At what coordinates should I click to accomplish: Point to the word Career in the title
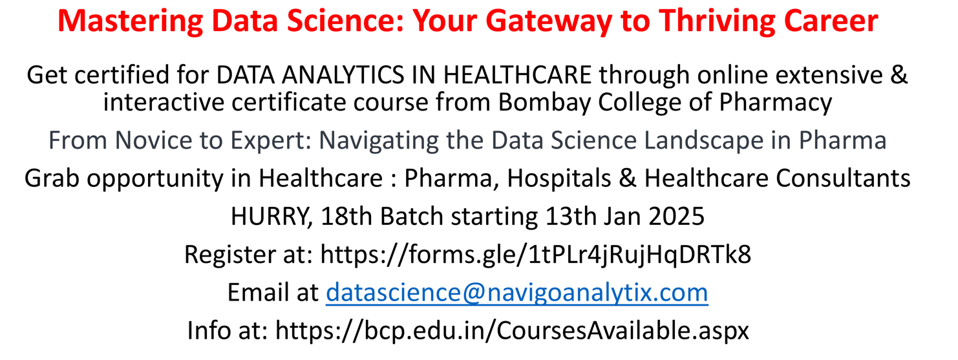[831, 21]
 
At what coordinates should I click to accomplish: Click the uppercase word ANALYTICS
[343, 75]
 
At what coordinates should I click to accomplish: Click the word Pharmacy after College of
[775, 103]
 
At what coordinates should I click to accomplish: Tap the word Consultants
[843, 178]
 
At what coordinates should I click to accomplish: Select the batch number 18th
[346, 216]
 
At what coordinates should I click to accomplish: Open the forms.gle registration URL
[535, 255]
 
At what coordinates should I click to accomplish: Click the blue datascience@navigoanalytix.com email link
[516, 293]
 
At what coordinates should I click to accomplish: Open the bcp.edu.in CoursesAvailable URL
[512, 331]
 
